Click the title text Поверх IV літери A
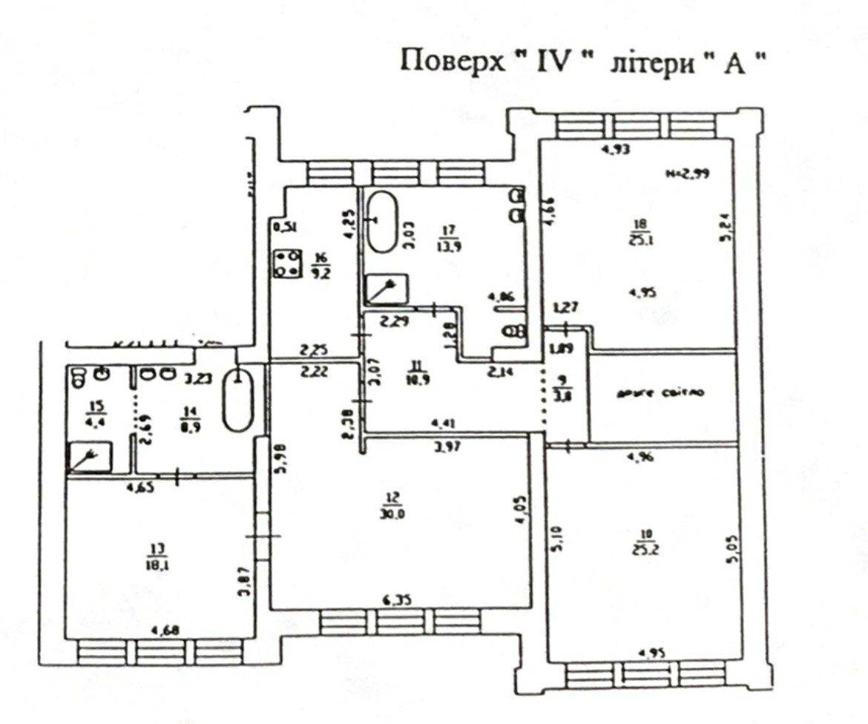point(583,61)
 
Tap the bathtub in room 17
point(384,221)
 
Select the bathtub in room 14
point(238,398)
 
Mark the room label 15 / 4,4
point(94,412)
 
